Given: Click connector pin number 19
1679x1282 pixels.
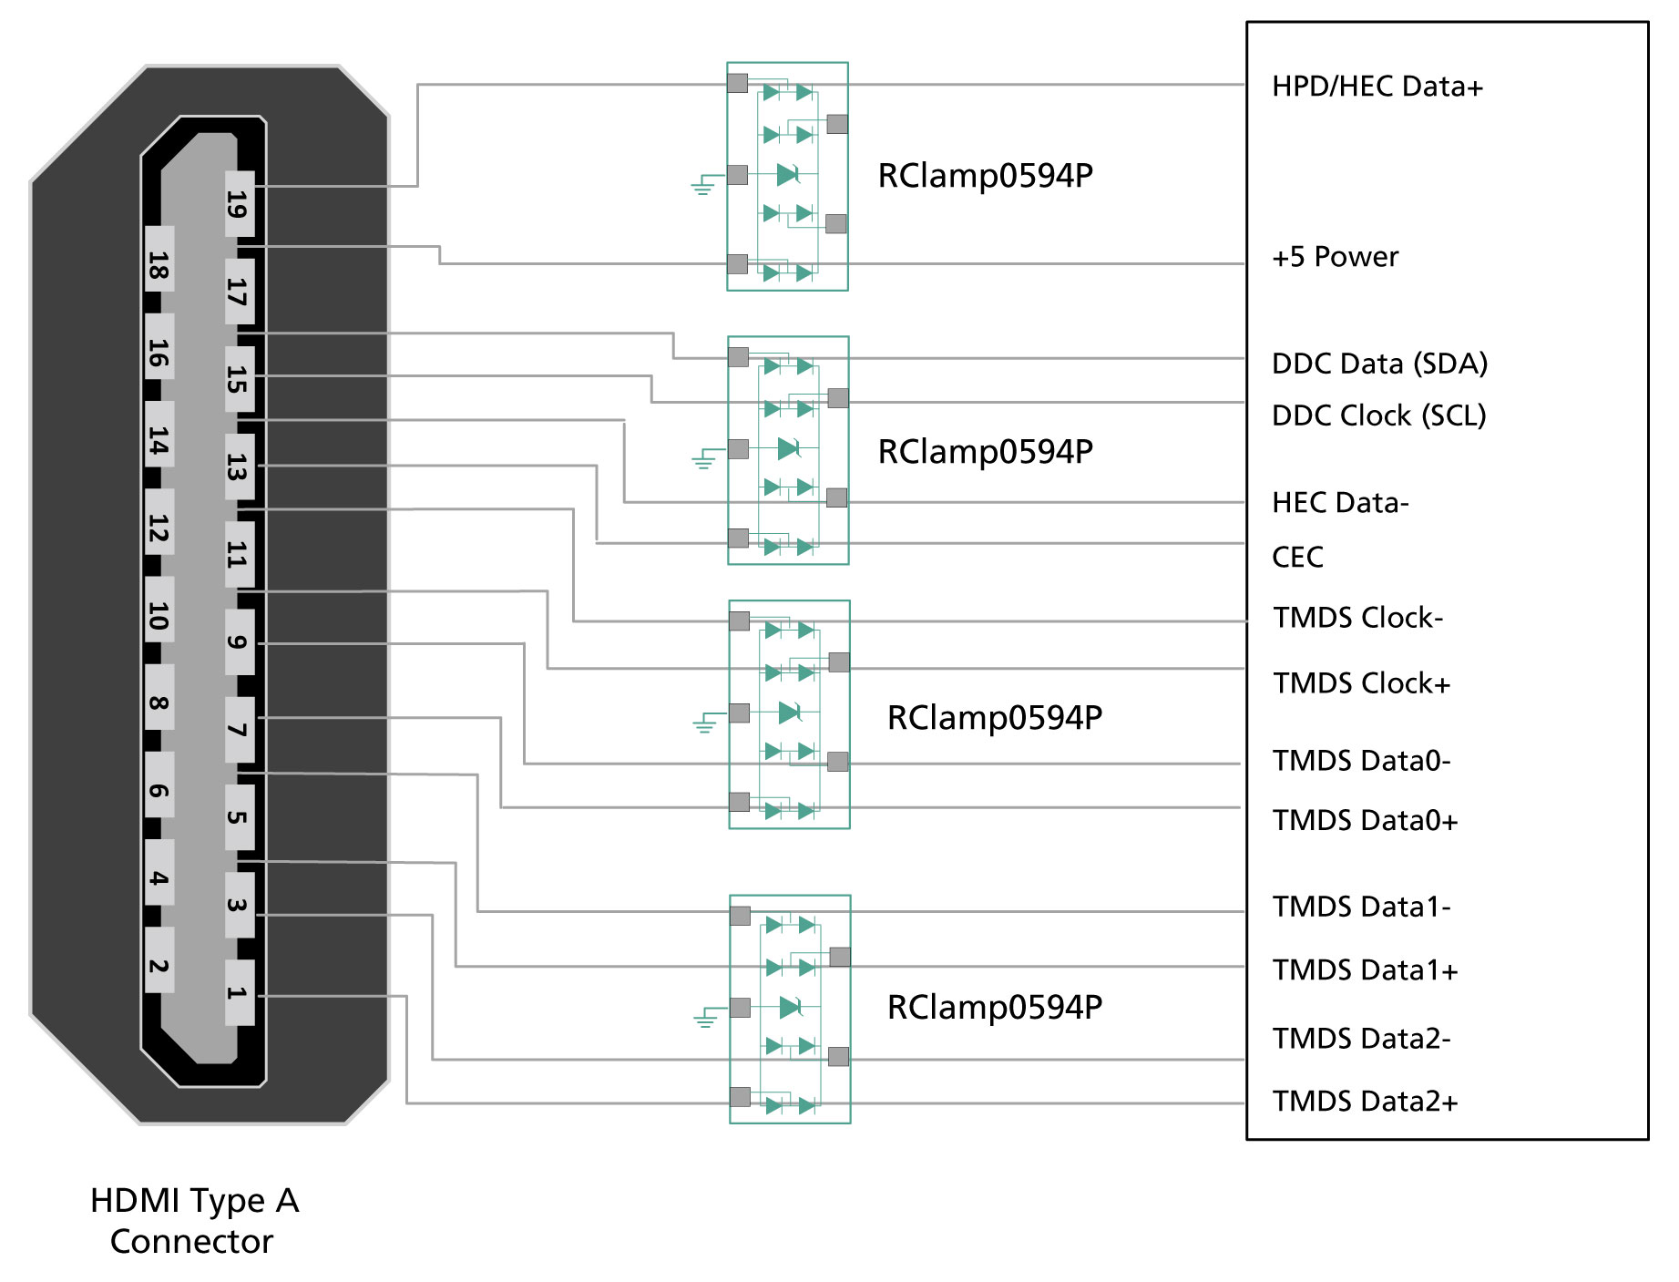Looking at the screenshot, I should coord(239,203).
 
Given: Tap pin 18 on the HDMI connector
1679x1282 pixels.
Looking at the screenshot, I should coord(159,265).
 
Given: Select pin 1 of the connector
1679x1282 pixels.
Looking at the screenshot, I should coord(239,992).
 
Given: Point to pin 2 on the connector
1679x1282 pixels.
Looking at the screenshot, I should coord(159,965).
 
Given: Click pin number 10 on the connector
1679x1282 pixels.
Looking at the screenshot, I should coord(159,616).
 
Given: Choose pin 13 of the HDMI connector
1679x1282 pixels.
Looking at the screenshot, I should coord(239,466).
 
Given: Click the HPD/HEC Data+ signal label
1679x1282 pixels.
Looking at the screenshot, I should coord(1377,87).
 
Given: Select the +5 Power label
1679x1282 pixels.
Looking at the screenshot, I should coord(1335,257).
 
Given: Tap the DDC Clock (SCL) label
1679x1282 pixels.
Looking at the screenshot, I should coord(1378,415).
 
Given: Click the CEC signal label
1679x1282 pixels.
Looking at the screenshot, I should coord(1297,557).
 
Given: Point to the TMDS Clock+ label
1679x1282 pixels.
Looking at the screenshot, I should coord(1361,683).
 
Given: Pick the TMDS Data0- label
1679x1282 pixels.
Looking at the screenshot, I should coord(1361,761).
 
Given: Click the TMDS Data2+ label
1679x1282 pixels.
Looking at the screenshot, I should coord(1365,1102).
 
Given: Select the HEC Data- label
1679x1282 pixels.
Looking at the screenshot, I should coord(1340,503).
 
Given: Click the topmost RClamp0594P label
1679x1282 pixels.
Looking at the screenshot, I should coord(985,176).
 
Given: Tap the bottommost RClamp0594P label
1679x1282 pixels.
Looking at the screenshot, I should coord(994,1008).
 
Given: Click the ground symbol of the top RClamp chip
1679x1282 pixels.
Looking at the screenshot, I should coord(701,187).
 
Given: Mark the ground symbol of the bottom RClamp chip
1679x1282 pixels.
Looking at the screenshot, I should coord(705,1019).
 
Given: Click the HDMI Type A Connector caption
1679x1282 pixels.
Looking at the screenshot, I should coord(194,1221).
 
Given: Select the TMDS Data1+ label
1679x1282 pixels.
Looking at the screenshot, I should coord(1365,970).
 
